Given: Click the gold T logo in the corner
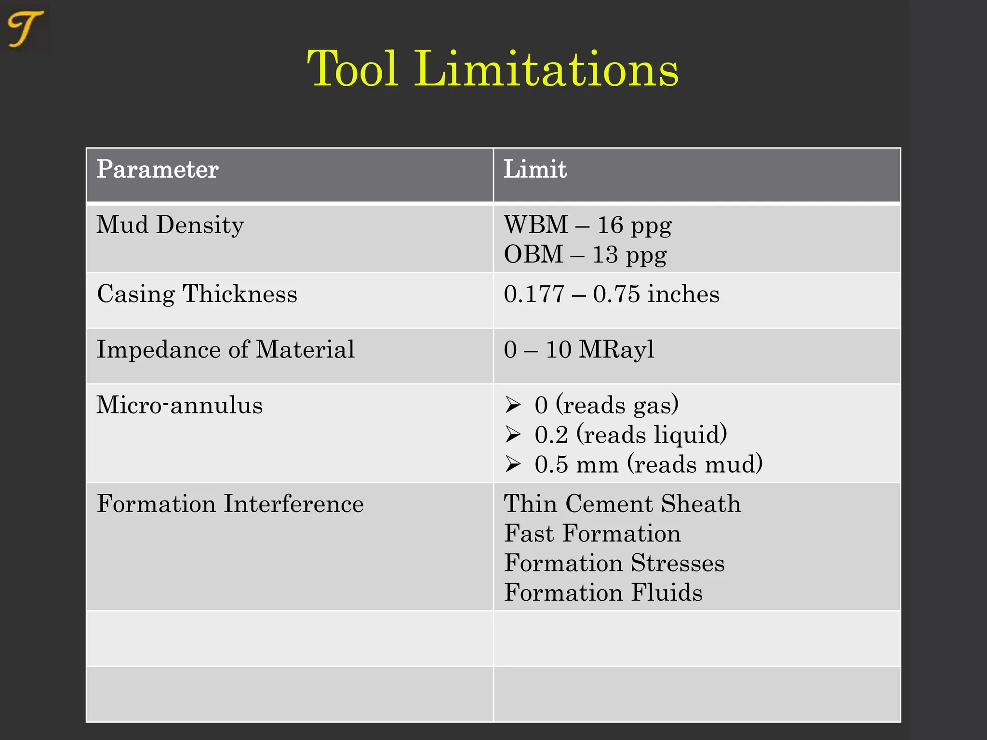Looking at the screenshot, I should coord(25,29).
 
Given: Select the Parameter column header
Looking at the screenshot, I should coord(158,170).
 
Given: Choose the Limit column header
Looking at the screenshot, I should coord(535,170).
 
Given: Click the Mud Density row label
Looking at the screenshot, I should coord(170,225).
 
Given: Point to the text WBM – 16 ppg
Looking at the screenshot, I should coord(587,225).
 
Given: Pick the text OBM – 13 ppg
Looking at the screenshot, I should coord(585,254).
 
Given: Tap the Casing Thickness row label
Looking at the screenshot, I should coord(197,294).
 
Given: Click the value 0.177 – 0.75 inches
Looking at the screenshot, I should coord(611,294).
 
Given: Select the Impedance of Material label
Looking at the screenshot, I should coord(226,349).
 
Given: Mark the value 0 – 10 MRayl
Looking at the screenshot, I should coord(579,349).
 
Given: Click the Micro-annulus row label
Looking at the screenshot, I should coord(179,405).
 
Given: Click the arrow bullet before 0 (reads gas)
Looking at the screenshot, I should coord(513,405).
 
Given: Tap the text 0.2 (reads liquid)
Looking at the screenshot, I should coord(630,435).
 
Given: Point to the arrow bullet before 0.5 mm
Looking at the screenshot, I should coord(513,464).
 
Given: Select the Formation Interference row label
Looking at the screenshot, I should coord(230,504).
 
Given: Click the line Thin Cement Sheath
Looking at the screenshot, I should coord(622,504).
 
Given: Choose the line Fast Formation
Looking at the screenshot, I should coord(592,534).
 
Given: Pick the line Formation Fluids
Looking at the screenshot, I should coord(603,593).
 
